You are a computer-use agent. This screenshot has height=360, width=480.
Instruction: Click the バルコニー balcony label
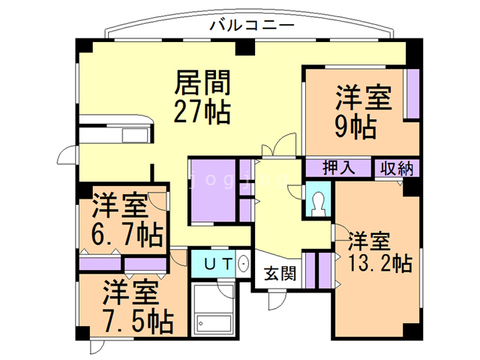[251, 25]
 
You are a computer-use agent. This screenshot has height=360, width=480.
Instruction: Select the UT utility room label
[217, 264]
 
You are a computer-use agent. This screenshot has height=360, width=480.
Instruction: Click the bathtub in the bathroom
[216, 323]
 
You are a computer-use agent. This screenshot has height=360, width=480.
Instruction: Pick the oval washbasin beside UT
[243, 265]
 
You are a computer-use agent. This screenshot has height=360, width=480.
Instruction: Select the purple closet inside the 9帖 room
[412, 93]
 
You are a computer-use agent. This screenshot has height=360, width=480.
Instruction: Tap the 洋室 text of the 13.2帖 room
[370, 241]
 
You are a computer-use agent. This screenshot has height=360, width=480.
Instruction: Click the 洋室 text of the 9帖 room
[364, 98]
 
